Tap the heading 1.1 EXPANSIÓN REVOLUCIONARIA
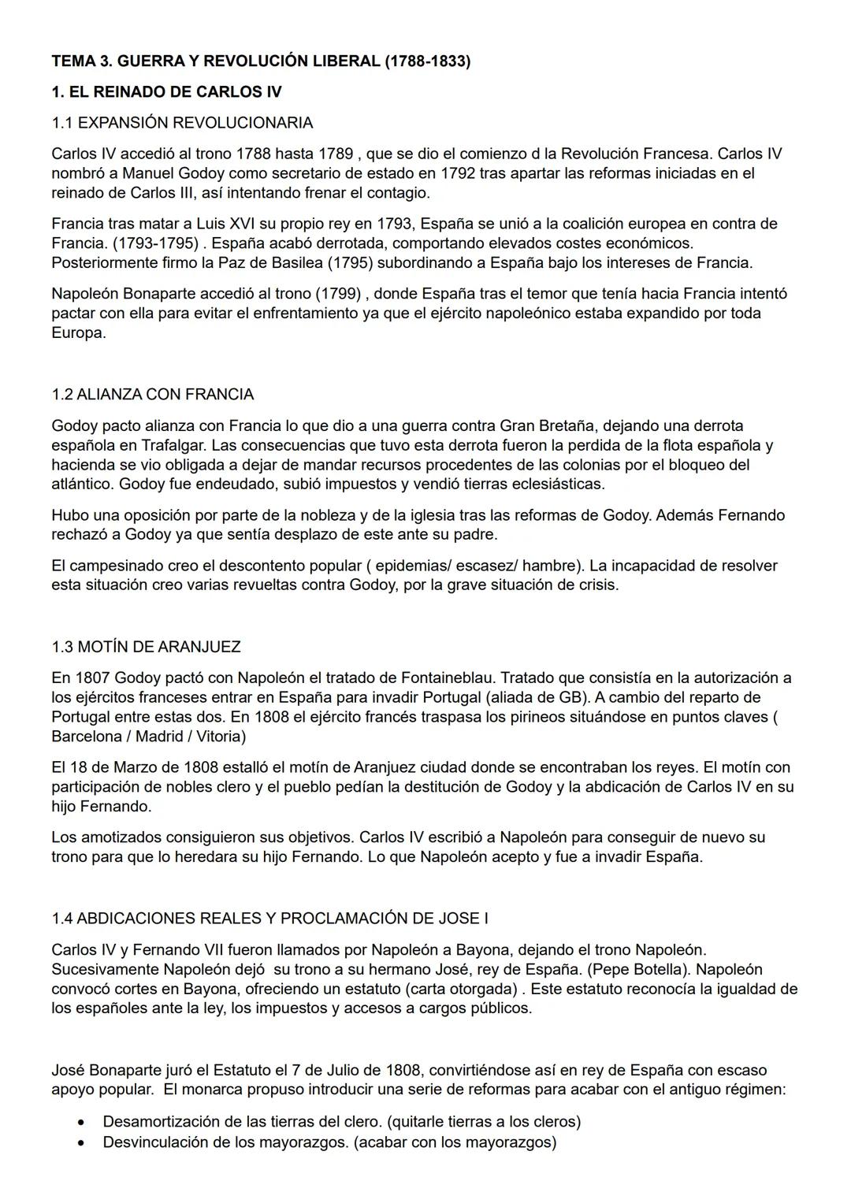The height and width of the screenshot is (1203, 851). [182, 123]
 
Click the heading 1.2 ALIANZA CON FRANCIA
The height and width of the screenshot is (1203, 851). [153, 394]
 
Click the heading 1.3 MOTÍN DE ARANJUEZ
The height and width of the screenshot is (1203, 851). [146, 647]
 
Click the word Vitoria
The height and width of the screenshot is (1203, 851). [220, 737]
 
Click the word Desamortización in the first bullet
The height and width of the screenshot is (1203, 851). [159, 1121]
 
